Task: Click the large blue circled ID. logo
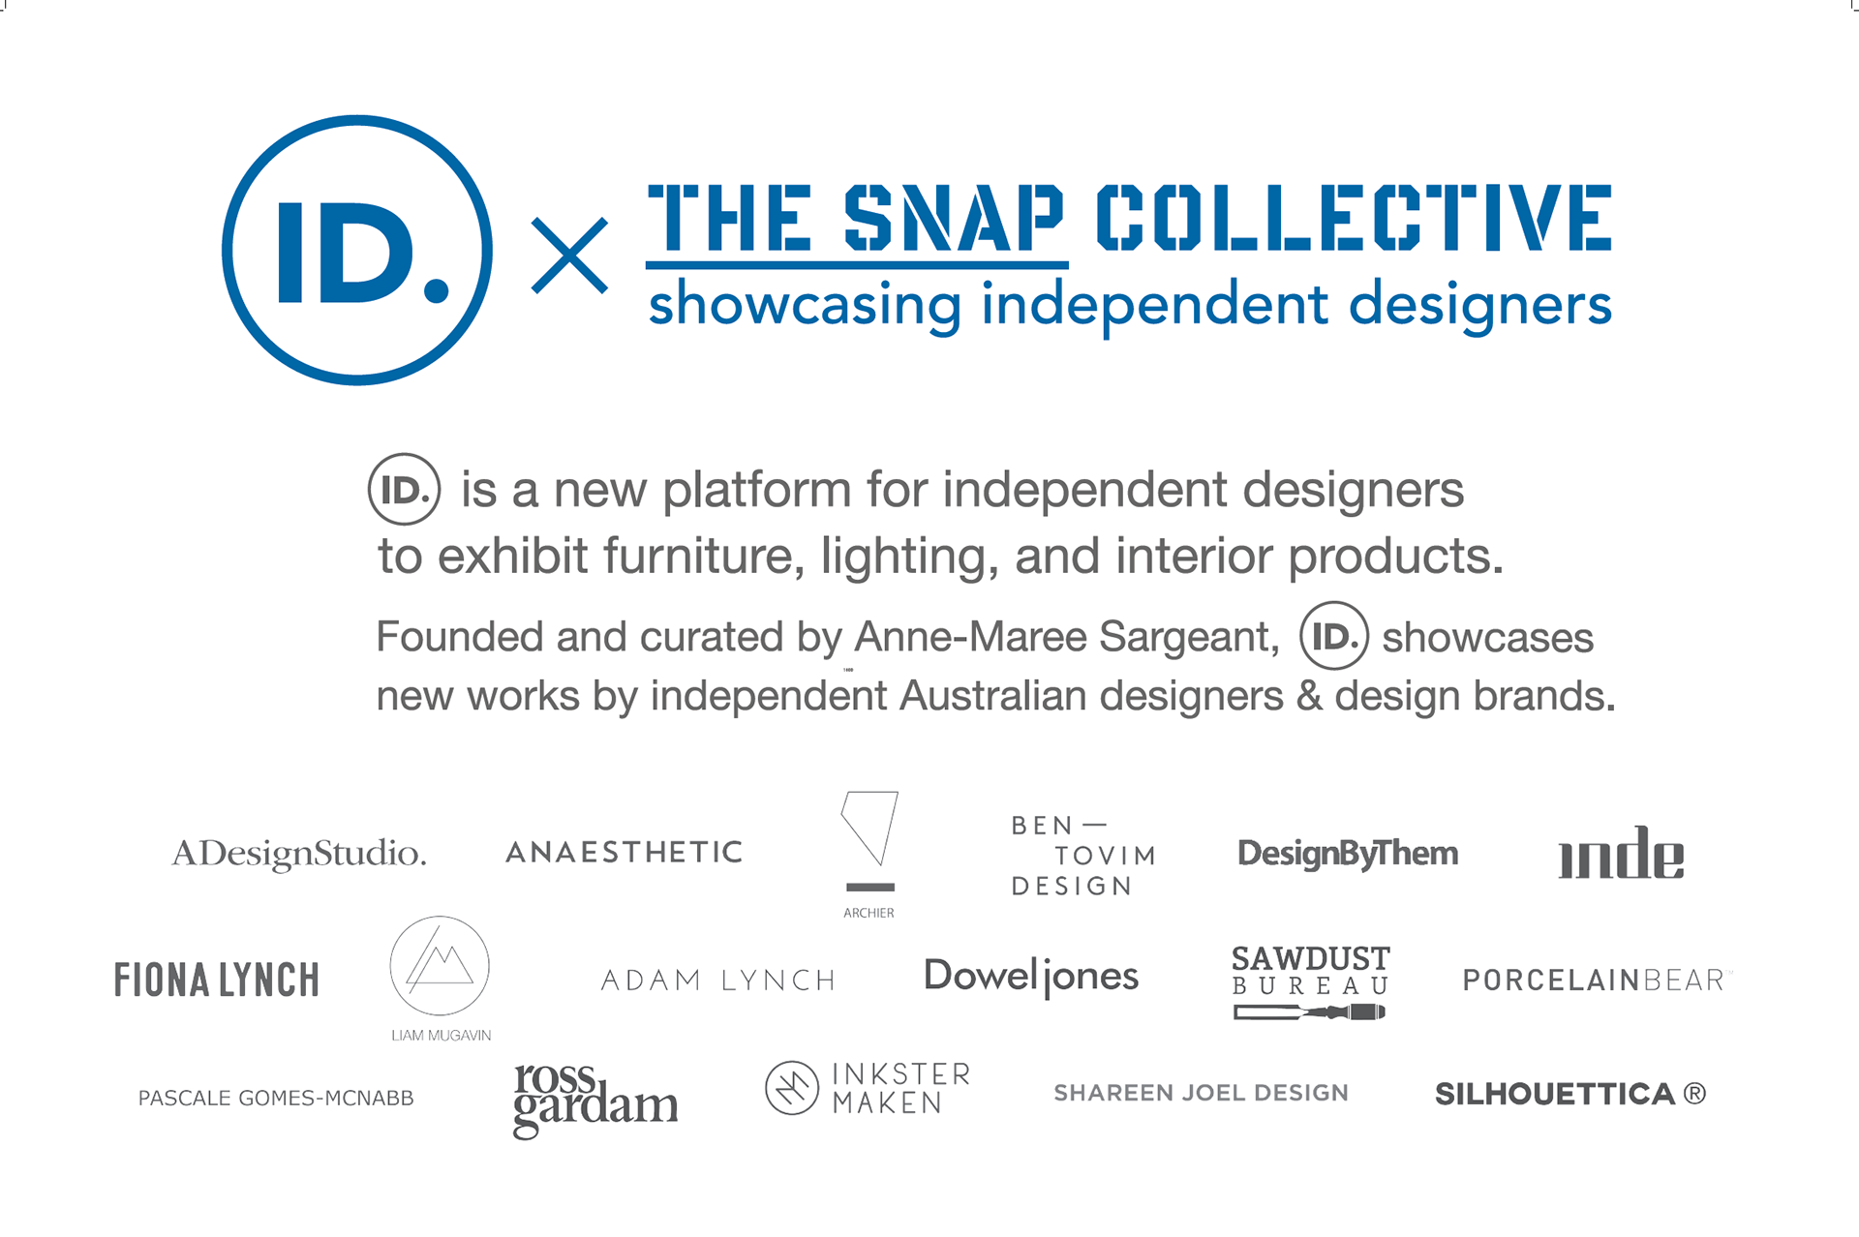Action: click(357, 116)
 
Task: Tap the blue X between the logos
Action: click(569, 256)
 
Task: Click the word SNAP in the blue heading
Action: click(954, 218)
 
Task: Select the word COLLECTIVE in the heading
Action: click(1354, 218)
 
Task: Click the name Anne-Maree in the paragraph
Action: click(970, 637)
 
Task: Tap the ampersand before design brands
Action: click(1309, 696)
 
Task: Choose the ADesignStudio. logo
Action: click(298, 854)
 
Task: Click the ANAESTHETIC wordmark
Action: click(625, 852)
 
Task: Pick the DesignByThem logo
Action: click(1348, 854)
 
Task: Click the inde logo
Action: click(1621, 853)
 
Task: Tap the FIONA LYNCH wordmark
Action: click(216, 981)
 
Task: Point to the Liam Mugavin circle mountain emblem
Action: click(440, 917)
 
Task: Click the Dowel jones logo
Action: click(1031, 977)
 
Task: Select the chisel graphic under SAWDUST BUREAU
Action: click(1309, 1012)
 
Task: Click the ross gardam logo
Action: click(595, 1101)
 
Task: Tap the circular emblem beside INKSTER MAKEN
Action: click(792, 1061)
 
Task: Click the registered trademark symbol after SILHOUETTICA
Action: click(1694, 1094)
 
